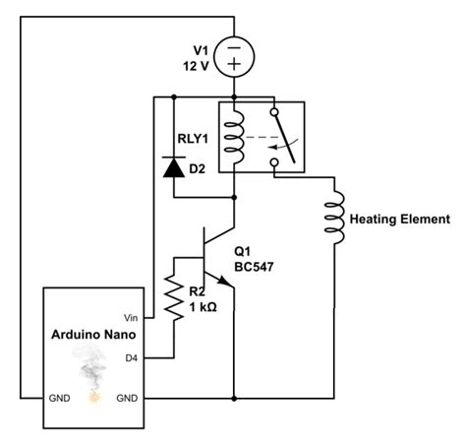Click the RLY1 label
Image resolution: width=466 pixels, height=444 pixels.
click(x=194, y=138)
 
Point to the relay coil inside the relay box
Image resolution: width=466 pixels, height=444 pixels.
click(x=234, y=137)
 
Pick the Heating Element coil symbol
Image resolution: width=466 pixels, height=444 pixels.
click(x=335, y=219)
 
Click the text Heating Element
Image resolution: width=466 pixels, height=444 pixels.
click(x=399, y=219)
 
